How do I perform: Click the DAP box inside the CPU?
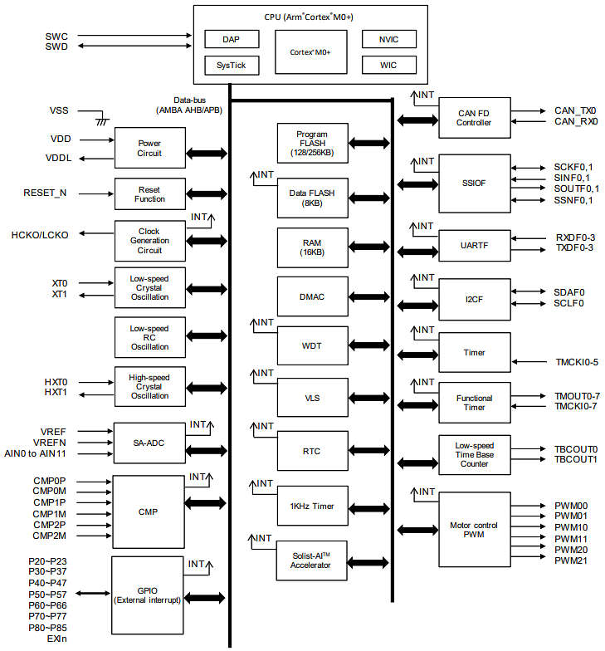[x=232, y=39]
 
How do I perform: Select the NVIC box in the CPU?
[x=389, y=39]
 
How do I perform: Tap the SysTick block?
[x=232, y=65]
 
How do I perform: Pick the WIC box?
[x=389, y=65]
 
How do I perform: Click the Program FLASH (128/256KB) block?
[x=312, y=143]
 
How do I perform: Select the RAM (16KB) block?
[x=312, y=247]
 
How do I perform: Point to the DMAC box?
[x=312, y=296]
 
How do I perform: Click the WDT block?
[x=312, y=345]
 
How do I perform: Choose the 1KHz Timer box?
[x=312, y=506]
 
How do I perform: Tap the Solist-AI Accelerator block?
[x=312, y=560]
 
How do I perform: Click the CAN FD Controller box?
[x=474, y=117]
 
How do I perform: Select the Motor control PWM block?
[x=474, y=529]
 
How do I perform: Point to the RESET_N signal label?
[x=45, y=193]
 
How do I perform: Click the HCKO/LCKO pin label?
[x=40, y=235]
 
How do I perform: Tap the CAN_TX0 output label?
[x=575, y=110]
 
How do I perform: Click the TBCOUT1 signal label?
[x=576, y=459]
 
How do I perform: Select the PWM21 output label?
[x=571, y=560]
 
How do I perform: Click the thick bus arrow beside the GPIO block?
[x=207, y=598]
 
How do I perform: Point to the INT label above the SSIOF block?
[x=425, y=161]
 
